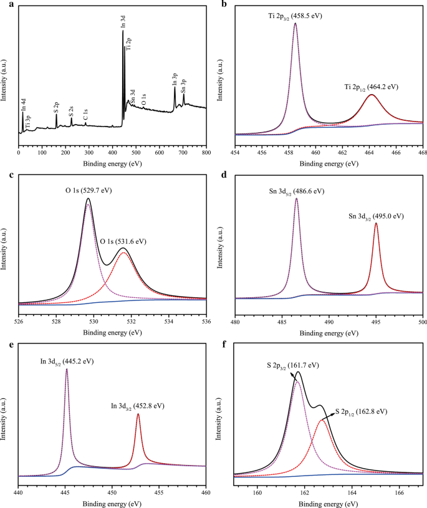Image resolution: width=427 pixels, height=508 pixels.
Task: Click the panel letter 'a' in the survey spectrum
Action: tap(5, 4)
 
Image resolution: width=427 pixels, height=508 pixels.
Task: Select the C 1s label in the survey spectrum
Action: tap(86, 113)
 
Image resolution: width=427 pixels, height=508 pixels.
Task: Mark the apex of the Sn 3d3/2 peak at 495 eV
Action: tap(376, 223)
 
